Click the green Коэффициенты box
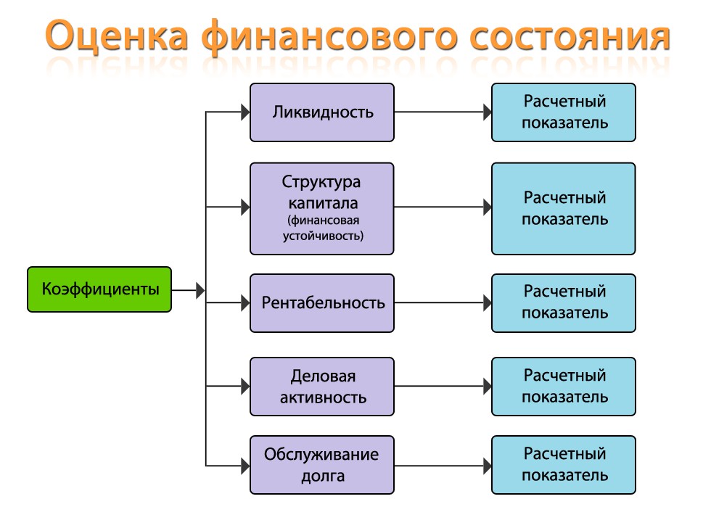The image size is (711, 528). click(99, 289)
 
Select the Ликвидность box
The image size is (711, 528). click(322, 112)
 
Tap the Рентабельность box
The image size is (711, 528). click(322, 303)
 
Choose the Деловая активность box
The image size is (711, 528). click(322, 387)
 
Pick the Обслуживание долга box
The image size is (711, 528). click(322, 465)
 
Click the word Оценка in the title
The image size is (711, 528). click(117, 36)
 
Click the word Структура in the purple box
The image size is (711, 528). click(321, 183)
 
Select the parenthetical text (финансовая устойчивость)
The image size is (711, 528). click(323, 228)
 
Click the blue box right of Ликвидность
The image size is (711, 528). click(564, 112)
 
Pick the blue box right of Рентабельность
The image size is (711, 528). click(564, 303)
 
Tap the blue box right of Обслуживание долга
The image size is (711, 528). click(564, 465)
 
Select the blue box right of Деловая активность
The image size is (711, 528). click(564, 387)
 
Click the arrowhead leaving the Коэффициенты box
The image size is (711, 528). click(200, 290)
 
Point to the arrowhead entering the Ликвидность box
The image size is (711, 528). click(245, 112)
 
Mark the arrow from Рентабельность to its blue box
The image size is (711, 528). click(443, 302)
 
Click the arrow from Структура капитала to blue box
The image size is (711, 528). click(443, 207)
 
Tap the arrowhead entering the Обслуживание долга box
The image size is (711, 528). click(245, 466)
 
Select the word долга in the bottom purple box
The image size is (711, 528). click(323, 477)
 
